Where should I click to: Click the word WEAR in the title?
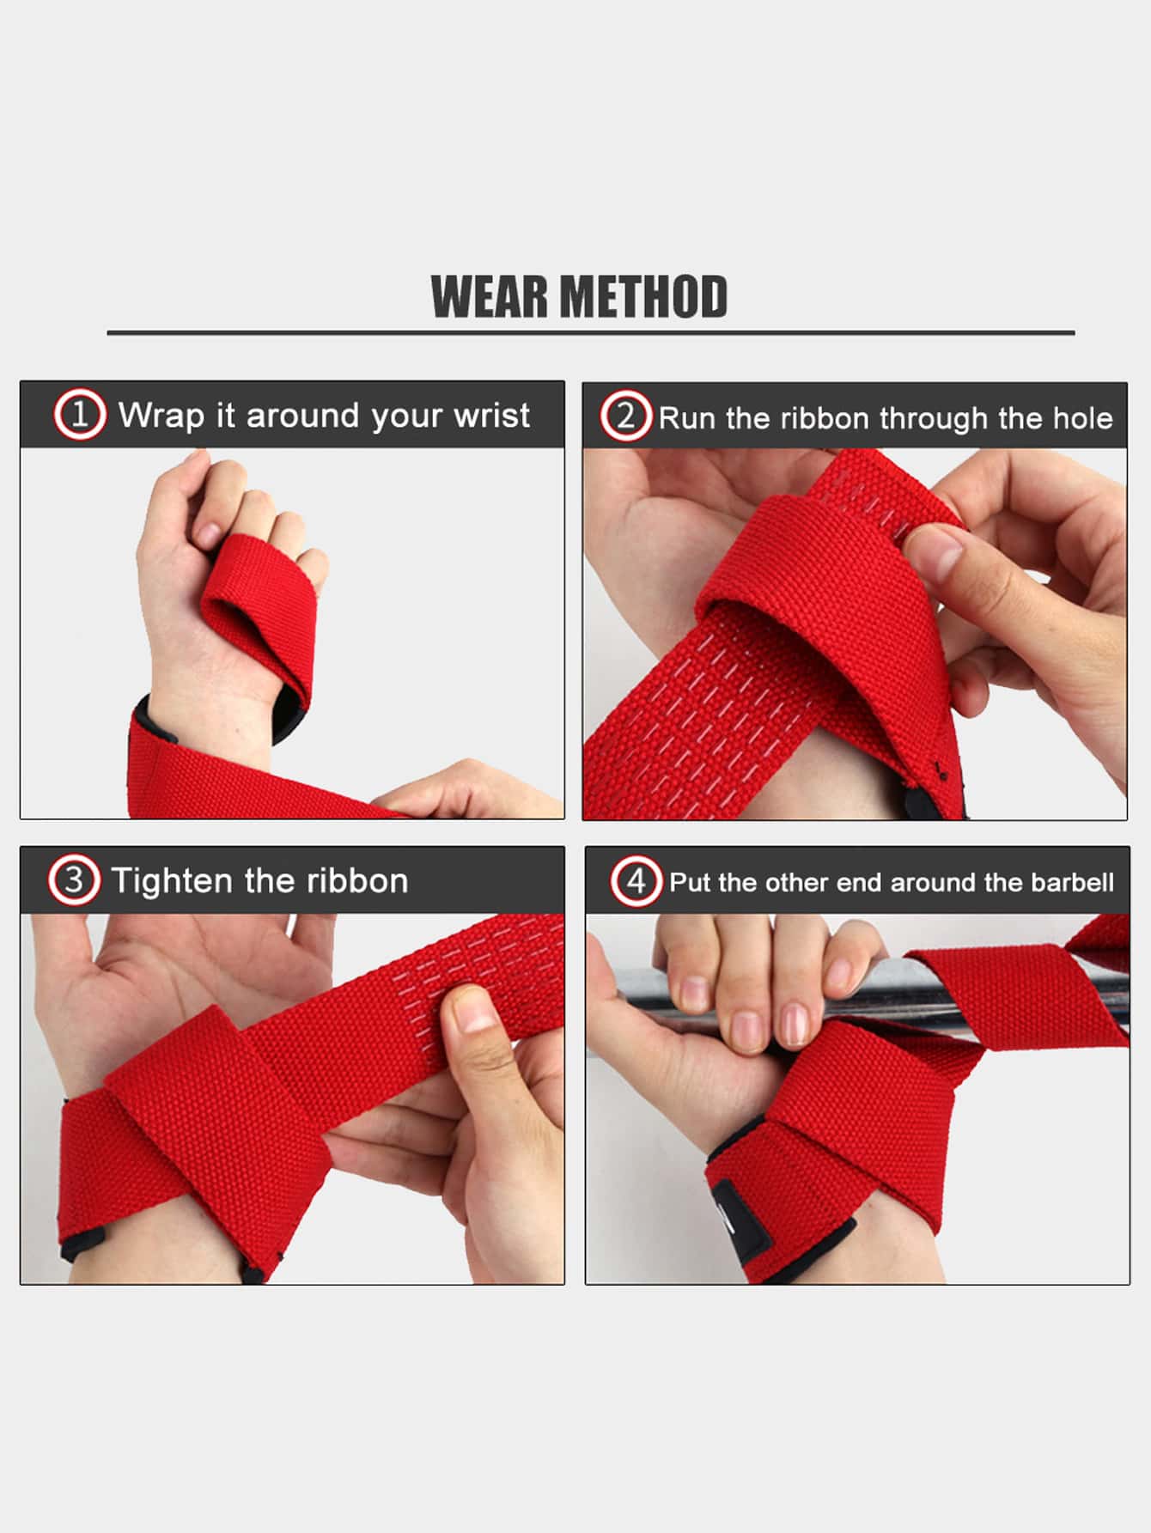(x=490, y=297)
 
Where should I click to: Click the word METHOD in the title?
(x=645, y=297)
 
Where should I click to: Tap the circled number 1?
(x=80, y=416)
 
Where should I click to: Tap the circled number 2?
(x=625, y=417)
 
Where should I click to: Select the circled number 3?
(x=74, y=880)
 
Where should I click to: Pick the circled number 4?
(x=636, y=881)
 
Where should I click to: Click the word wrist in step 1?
(x=492, y=416)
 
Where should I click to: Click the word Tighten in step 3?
(x=173, y=881)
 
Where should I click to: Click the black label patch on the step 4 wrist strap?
(x=736, y=1208)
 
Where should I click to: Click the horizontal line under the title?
(x=591, y=332)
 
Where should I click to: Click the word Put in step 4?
(x=691, y=883)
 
